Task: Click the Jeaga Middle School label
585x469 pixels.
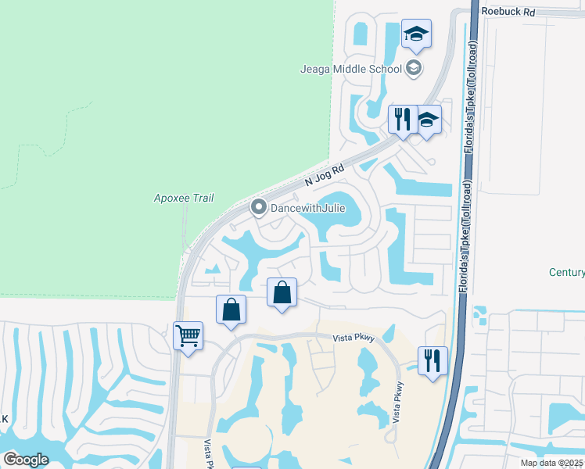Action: coord(351,68)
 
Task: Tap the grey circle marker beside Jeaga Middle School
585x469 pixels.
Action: coord(414,68)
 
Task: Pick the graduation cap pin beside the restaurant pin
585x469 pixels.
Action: coord(427,121)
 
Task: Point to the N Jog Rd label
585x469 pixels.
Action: coord(325,175)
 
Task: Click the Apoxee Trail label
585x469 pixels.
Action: coord(184,199)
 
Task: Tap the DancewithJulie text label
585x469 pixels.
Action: coord(307,209)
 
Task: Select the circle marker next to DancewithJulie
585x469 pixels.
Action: coord(259,209)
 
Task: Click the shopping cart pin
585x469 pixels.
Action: coord(188,338)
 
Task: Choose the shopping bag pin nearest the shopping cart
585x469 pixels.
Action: coord(231,311)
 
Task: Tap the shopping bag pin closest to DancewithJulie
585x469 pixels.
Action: coord(282,294)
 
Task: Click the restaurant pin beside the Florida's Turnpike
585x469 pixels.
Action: coord(432,362)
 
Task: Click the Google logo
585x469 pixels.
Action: coord(26,459)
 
